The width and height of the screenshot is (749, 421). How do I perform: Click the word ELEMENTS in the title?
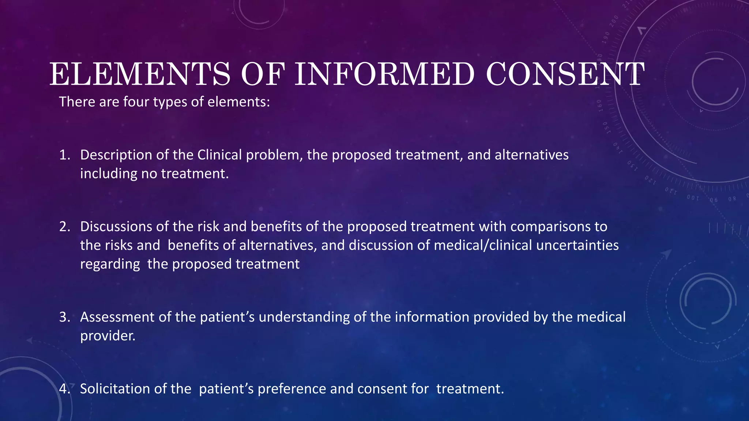140,74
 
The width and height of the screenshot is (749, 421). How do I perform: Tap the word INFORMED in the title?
384,74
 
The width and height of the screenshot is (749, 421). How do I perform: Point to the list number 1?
64,155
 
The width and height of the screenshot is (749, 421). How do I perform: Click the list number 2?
64,227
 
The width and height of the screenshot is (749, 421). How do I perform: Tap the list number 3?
64,317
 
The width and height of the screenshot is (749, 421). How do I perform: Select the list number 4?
64,388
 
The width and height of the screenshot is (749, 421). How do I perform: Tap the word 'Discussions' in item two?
116,227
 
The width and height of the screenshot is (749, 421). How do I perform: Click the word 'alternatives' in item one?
531,155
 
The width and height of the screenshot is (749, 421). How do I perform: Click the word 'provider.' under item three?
108,335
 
